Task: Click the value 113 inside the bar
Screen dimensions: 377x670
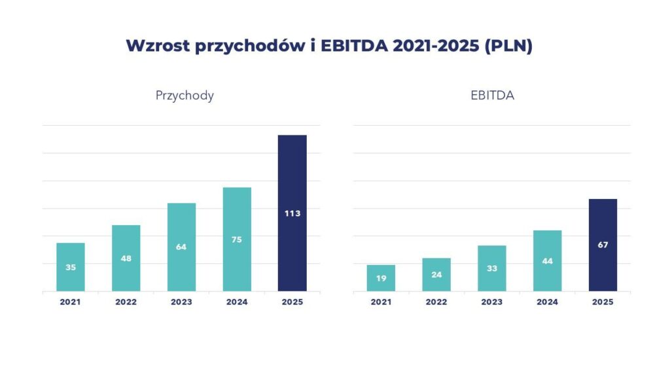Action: coord(292,213)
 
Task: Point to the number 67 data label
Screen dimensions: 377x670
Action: coord(603,245)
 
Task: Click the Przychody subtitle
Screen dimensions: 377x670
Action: coord(185,96)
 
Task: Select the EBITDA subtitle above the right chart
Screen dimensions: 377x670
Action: coord(492,96)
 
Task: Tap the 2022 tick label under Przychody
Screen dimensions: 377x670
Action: coord(126,302)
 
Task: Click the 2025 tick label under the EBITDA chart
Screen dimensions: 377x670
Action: coord(603,302)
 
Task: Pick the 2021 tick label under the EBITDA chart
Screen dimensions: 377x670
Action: coord(381,302)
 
